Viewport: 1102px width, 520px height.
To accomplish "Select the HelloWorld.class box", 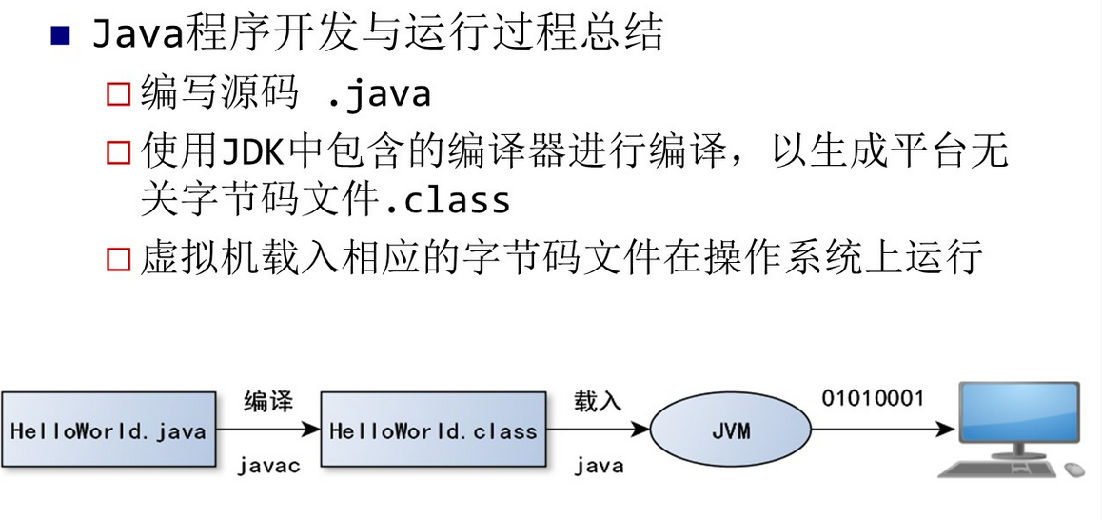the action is pos(433,430).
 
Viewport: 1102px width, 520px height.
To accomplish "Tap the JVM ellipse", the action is pos(730,430).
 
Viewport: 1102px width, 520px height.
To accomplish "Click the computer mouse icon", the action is pos(1074,470).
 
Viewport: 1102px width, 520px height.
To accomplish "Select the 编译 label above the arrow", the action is pos(267,401).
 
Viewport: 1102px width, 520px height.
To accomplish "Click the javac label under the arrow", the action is pos(269,466).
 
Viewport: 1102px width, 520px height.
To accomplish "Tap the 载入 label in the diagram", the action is pos(597,401).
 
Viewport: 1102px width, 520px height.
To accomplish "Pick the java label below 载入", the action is pos(599,466).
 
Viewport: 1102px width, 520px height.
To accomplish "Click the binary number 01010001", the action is pos(873,398).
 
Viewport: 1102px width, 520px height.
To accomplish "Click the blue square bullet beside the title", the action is pos(61,36).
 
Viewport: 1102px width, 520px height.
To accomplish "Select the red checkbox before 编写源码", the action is pos(118,94).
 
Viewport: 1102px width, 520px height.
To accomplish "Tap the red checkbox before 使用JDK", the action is pos(118,151).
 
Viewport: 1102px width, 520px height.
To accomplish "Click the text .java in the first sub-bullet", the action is pos(378,94).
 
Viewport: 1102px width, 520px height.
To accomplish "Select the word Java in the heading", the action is pos(138,35).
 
